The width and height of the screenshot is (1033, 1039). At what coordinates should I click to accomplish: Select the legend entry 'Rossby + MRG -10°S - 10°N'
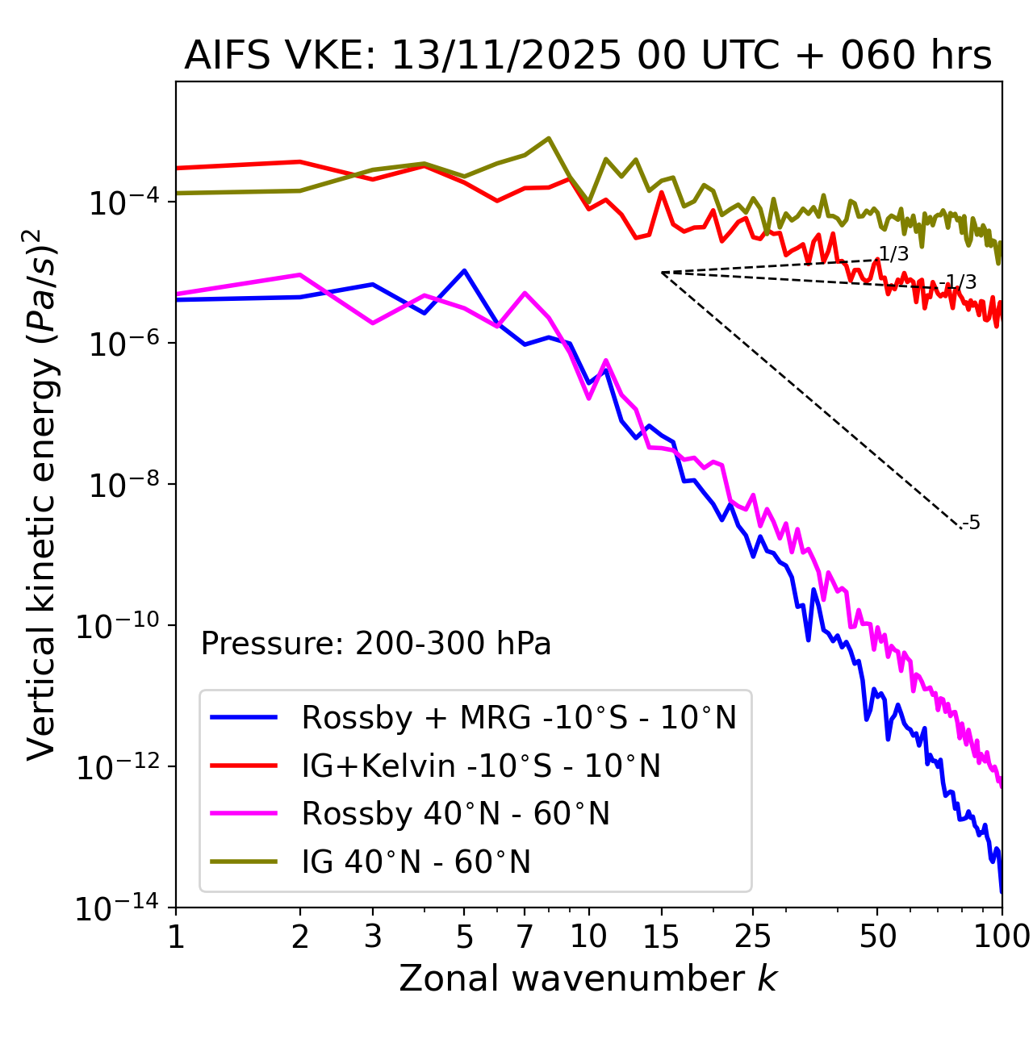tap(519, 717)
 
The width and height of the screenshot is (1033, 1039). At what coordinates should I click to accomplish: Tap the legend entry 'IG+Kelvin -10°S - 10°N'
tap(481, 766)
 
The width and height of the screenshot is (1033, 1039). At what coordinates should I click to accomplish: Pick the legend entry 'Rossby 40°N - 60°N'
tap(455, 814)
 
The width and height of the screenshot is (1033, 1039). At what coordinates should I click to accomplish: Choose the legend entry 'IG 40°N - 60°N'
tap(416, 862)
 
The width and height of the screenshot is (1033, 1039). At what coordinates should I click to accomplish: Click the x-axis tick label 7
tap(525, 937)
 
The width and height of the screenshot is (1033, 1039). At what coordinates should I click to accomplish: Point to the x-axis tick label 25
tap(752, 937)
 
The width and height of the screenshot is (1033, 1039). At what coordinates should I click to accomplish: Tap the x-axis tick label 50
tap(877, 937)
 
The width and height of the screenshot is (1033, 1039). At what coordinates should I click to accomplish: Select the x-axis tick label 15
tap(662, 937)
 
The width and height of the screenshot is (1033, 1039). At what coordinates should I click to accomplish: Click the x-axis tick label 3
tap(373, 937)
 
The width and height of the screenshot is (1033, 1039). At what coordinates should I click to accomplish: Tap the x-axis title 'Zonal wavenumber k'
tap(588, 978)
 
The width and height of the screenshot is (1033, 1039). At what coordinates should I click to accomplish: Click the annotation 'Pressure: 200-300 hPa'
tap(376, 644)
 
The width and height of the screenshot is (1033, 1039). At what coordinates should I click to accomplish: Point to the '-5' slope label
tap(972, 523)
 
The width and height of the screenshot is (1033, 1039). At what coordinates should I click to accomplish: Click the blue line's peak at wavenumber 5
tap(464, 270)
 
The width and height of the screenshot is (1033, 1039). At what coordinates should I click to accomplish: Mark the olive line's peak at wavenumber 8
tap(549, 138)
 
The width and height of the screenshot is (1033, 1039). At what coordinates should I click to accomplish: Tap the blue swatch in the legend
tap(244, 717)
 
